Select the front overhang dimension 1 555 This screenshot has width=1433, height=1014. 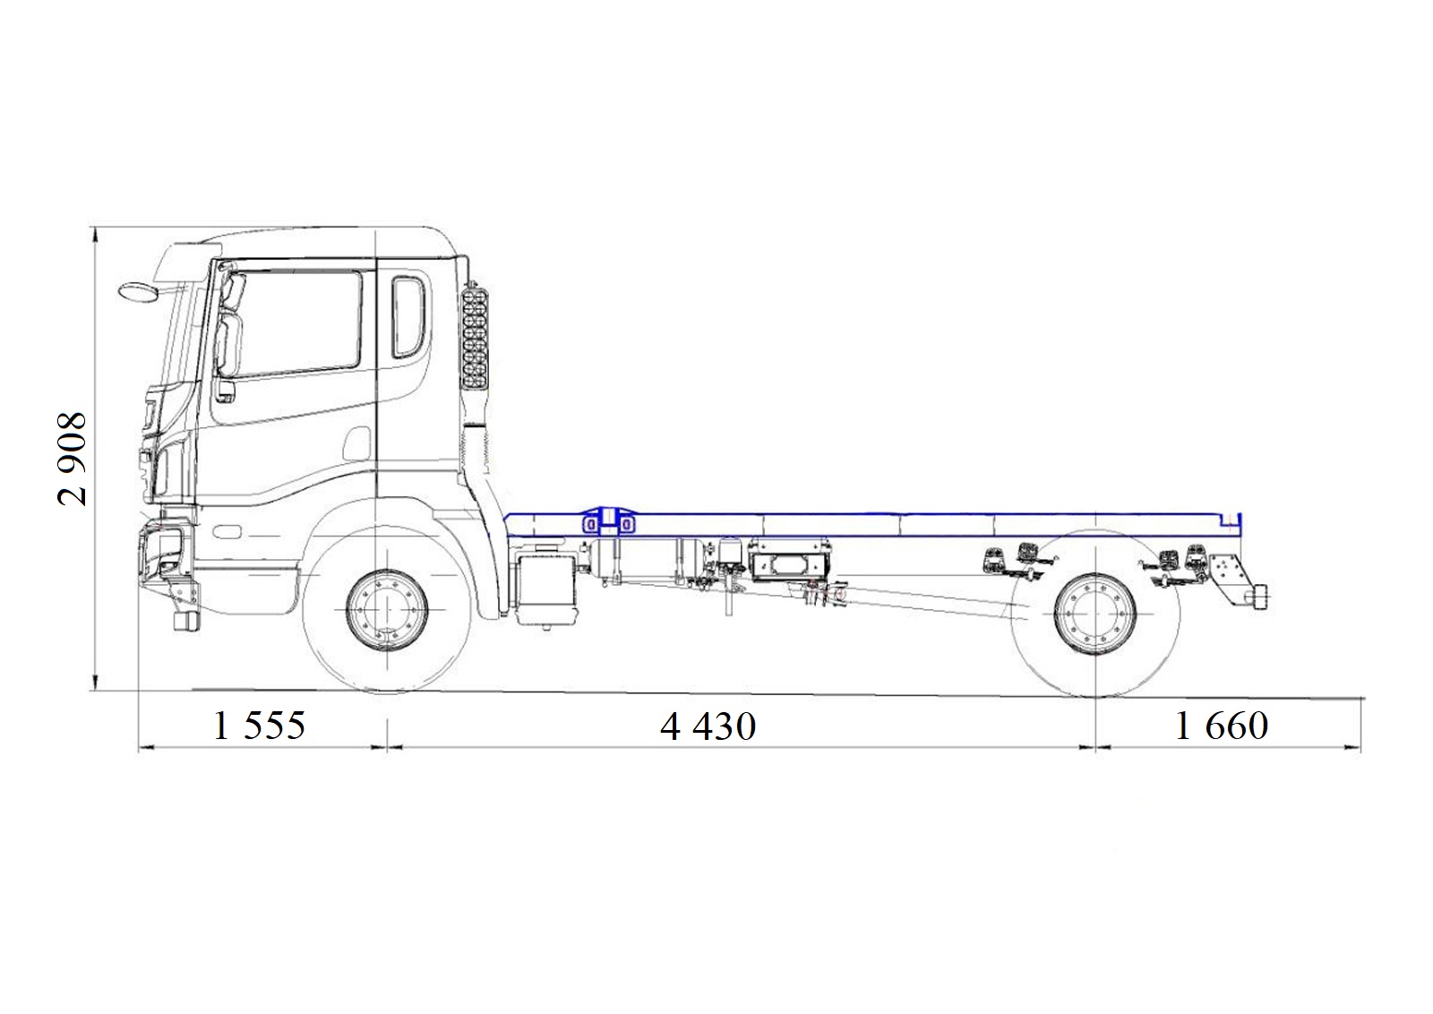(259, 726)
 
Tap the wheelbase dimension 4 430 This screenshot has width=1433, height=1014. (708, 726)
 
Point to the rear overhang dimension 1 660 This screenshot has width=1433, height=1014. (1222, 726)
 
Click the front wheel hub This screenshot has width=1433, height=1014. (387, 610)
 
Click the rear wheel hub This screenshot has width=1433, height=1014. (1095, 614)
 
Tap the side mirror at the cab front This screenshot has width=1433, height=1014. (140, 291)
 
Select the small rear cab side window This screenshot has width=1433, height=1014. (408, 317)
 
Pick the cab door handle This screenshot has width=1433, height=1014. (224, 391)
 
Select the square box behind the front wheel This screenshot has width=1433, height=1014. (545, 588)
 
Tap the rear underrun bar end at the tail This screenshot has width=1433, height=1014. (1257, 598)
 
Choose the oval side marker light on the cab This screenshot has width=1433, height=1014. (227, 531)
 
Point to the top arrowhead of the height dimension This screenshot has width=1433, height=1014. (95, 236)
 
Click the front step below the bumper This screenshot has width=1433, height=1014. (186, 620)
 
